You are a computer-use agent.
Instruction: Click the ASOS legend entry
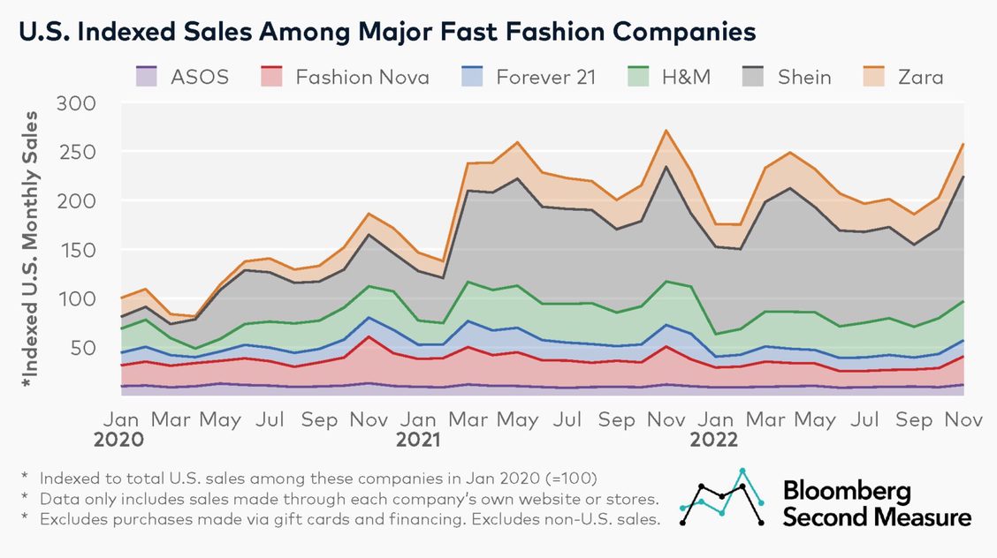coord(182,77)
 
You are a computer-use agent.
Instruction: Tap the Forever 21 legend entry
coord(527,77)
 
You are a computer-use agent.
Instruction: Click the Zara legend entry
coord(901,77)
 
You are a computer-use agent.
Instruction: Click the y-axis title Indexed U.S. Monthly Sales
coord(33,249)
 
